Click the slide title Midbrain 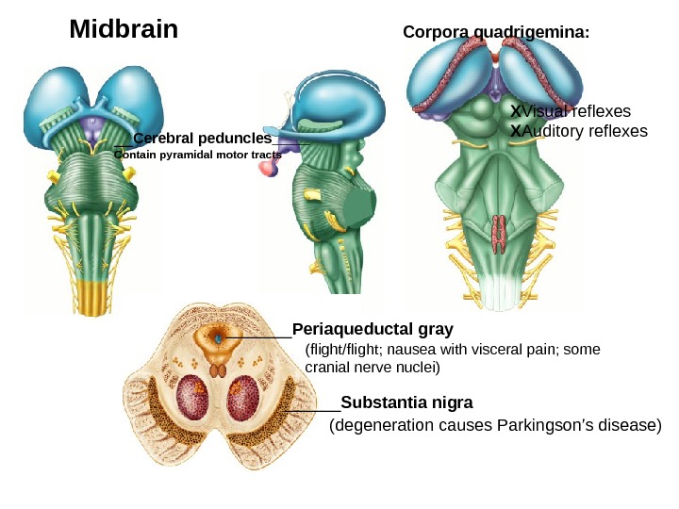[124, 29]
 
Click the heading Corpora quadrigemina [496, 32]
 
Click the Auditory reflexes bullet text [585, 131]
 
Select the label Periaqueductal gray [373, 329]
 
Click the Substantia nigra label [406, 402]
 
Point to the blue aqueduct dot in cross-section [219, 337]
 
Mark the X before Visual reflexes [515, 110]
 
